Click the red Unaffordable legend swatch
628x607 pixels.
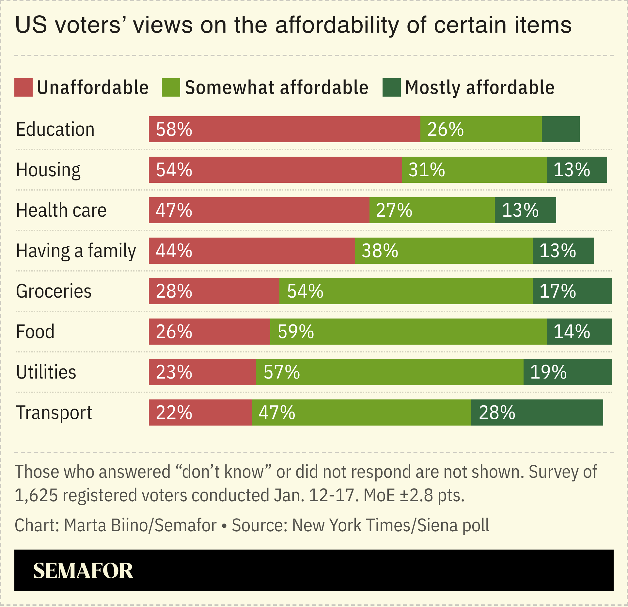tap(24, 87)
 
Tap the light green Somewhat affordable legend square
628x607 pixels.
tap(171, 87)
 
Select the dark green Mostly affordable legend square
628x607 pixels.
tap(391, 87)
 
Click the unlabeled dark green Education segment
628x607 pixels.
tap(560, 129)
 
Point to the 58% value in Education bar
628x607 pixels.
tap(174, 129)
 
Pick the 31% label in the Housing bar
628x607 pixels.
tap(427, 170)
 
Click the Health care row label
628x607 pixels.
tap(61, 210)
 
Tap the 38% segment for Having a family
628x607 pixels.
tap(443, 251)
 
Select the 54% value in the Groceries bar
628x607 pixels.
tap(305, 291)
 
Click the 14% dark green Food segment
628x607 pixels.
tap(579, 332)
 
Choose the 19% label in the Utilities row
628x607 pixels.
tap(548, 372)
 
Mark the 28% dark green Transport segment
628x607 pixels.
tap(537, 412)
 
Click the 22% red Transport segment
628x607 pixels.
tap(200, 412)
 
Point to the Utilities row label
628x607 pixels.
tap(46, 372)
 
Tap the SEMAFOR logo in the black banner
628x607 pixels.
tap(83, 571)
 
